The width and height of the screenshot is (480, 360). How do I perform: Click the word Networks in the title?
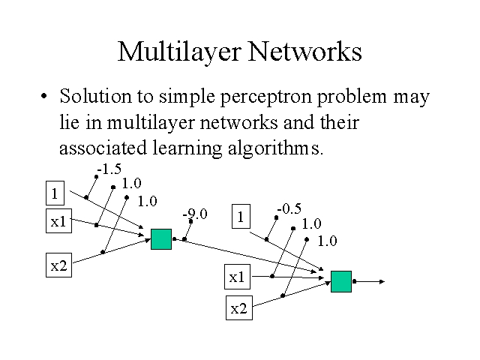(304, 52)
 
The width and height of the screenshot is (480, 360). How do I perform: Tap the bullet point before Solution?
(46, 98)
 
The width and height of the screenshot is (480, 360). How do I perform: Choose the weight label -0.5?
(289, 209)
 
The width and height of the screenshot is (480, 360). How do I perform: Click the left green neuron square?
(161, 238)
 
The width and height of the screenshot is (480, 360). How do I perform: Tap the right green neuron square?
(341, 281)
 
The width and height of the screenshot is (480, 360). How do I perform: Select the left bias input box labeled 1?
(54, 193)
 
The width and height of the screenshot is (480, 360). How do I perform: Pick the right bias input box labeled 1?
(240, 217)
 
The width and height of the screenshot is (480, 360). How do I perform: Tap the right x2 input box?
(238, 307)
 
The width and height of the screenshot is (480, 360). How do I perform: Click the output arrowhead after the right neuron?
(382, 282)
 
